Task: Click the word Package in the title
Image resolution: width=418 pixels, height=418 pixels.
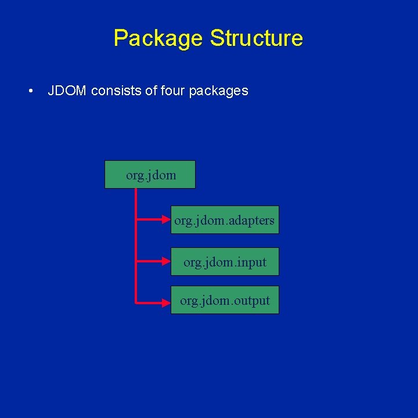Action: click(158, 38)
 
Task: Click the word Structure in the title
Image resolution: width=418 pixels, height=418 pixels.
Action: click(256, 38)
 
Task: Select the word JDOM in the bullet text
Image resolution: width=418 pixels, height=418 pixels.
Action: click(67, 91)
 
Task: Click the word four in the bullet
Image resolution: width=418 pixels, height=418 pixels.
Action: click(172, 91)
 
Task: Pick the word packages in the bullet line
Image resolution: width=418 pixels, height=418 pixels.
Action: click(219, 91)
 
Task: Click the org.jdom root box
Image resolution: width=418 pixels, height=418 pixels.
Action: click(150, 175)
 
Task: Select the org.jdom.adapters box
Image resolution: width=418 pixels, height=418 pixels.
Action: click(225, 220)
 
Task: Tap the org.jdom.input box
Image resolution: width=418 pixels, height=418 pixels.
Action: click(225, 262)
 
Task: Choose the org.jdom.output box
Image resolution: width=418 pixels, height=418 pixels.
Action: click(225, 300)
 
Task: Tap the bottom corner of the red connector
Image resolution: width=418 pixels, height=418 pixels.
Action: click(136, 301)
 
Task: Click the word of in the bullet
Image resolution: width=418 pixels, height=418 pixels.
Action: click(152, 91)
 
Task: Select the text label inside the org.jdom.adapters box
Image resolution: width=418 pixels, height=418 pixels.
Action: click(225, 221)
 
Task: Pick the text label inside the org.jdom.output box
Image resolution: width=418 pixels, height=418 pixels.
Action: click(225, 301)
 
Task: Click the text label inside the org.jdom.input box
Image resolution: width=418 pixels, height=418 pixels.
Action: click(225, 262)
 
